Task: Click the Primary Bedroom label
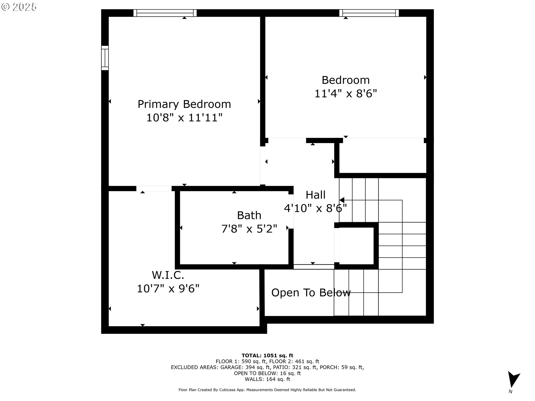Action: [184, 104]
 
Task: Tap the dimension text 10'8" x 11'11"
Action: [184, 118]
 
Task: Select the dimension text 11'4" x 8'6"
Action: [346, 93]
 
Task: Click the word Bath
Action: [249, 215]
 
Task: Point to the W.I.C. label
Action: [168, 275]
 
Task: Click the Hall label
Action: [315, 195]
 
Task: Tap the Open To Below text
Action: [311, 293]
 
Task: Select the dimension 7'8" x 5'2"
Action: [249, 229]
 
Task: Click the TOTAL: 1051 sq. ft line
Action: [267, 355]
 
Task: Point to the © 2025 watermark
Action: [19, 7]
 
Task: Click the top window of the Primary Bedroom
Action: [165, 13]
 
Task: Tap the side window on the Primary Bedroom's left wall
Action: [105, 58]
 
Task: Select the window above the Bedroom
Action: [369, 13]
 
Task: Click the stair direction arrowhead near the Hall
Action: [342, 200]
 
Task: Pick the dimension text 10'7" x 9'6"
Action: [168, 288]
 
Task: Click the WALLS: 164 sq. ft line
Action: [267, 379]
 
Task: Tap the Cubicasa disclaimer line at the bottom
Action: [267, 390]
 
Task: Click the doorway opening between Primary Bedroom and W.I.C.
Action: [154, 189]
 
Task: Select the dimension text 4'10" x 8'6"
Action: [315, 208]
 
